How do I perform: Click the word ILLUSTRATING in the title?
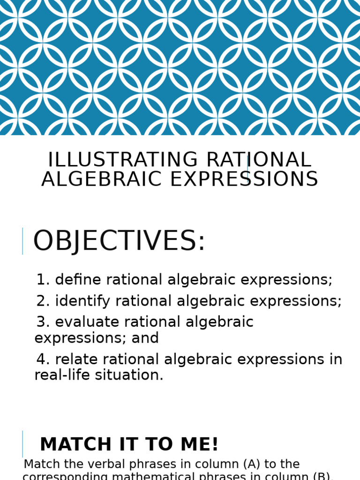(x=124, y=160)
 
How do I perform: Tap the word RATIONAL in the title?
(x=258, y=160)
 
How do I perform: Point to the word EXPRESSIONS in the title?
(x=244, y=180)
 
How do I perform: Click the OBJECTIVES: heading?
(x=119, y=241)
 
